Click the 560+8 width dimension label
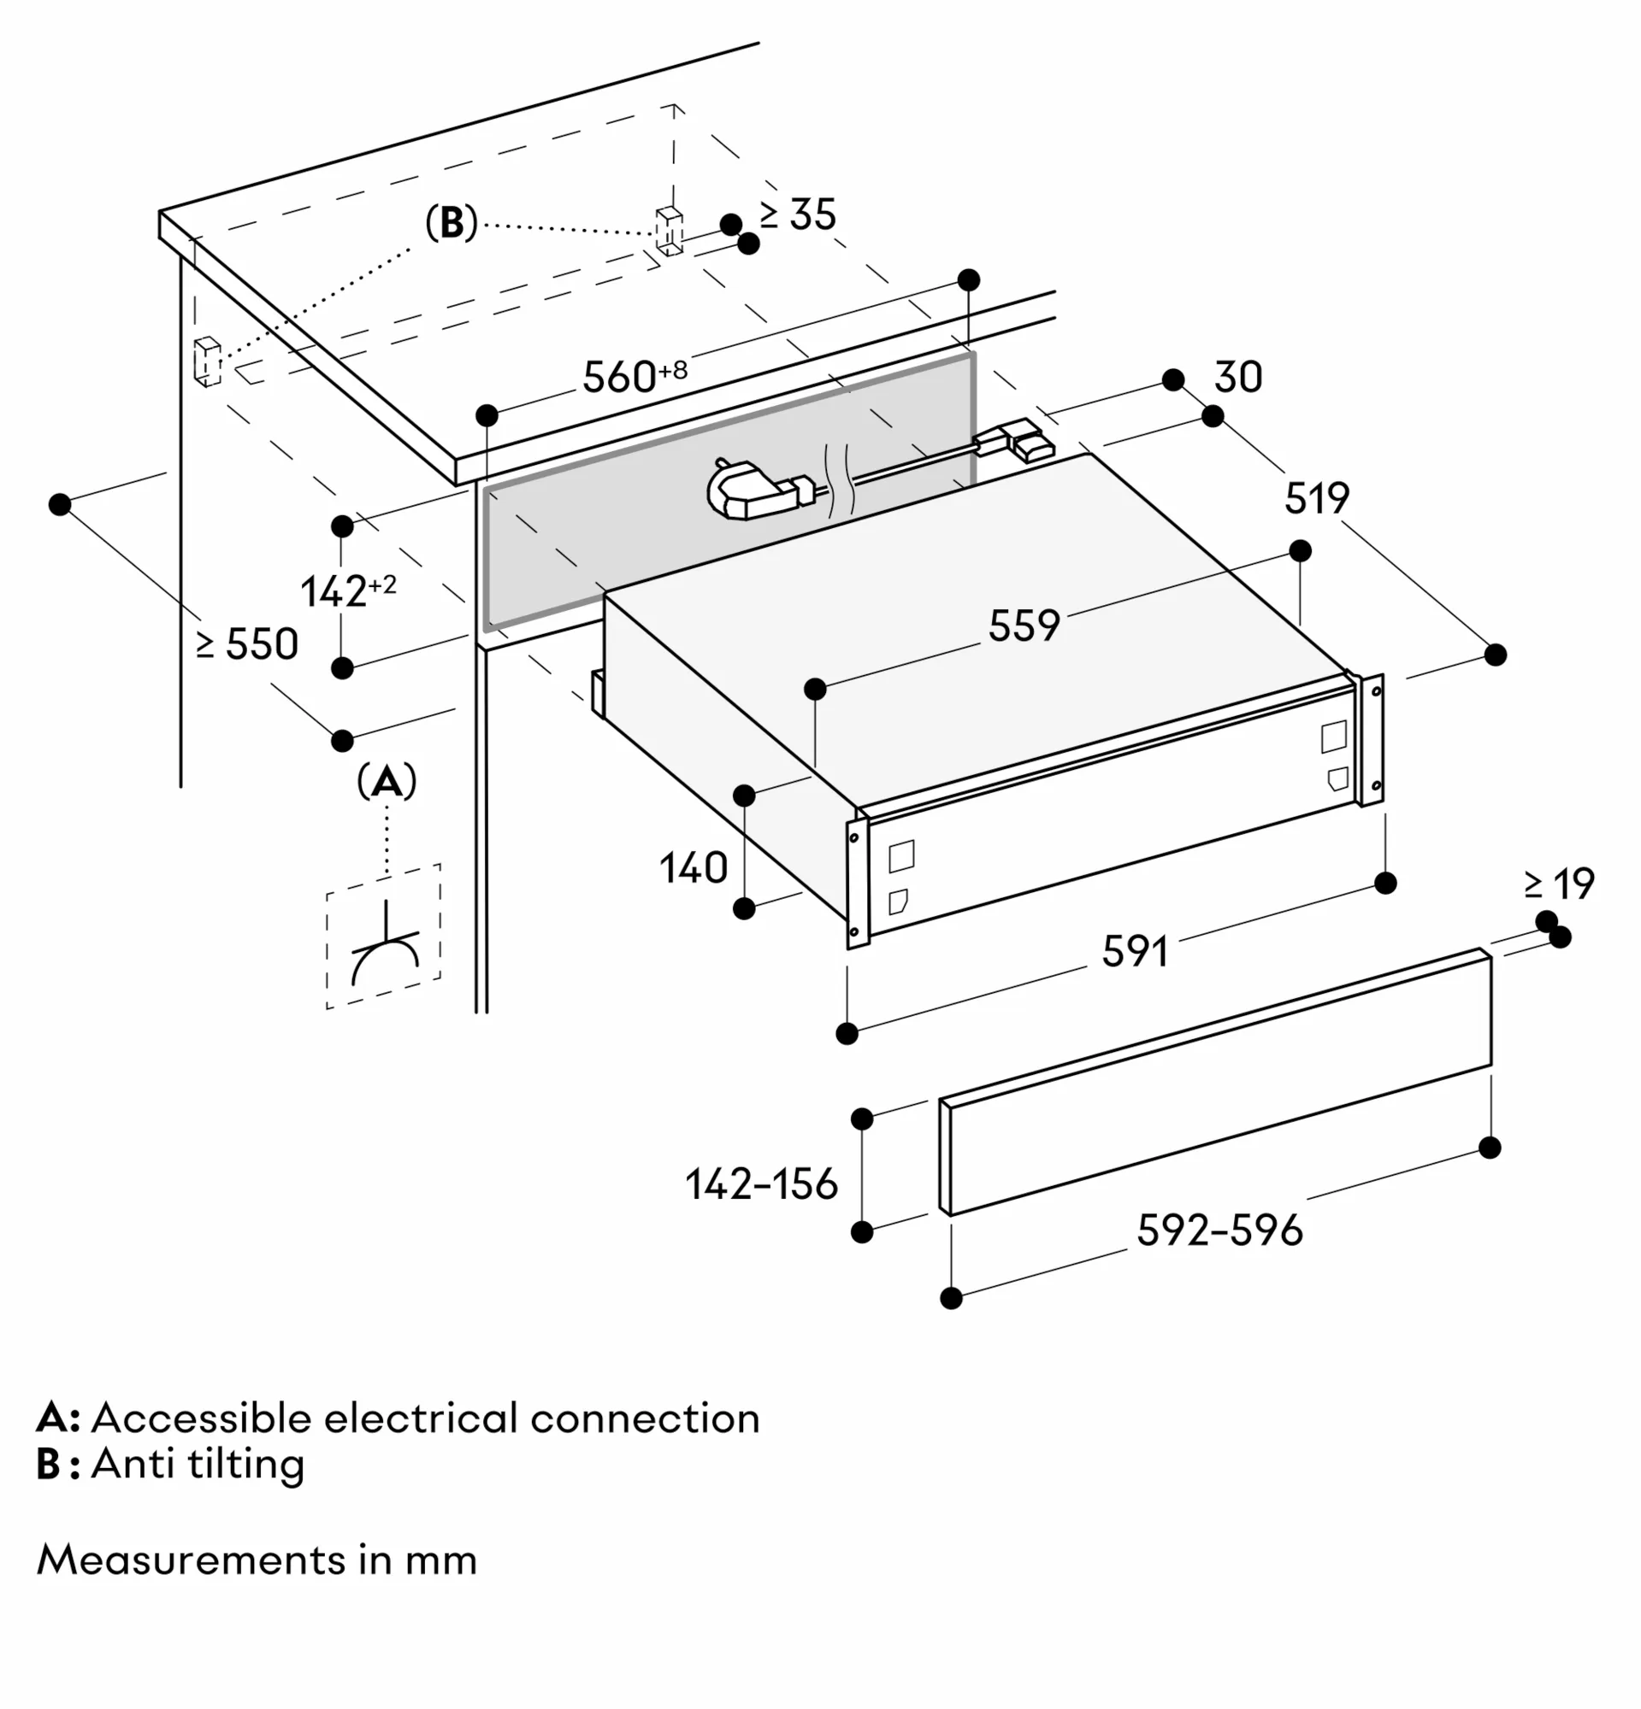(x=635, y=376)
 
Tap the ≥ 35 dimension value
(x=798, y=215)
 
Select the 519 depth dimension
(x=1316, y=499)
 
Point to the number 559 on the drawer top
(x=1024, y=626)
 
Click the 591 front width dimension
(x=1134, y=951)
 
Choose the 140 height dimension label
(x=693, y=868)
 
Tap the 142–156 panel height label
(x=761, y=1184)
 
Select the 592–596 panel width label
(x=1219, y=1230)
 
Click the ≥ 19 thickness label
(x=1559, y=884)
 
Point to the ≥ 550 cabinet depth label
(x=248, y=645)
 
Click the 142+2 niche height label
(x=347, y=591)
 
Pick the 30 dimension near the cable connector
(x=1238, y=378)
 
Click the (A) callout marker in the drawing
(x=387, y=782)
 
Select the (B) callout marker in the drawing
(x=451, y=223)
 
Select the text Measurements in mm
(x=257, y=1560)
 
